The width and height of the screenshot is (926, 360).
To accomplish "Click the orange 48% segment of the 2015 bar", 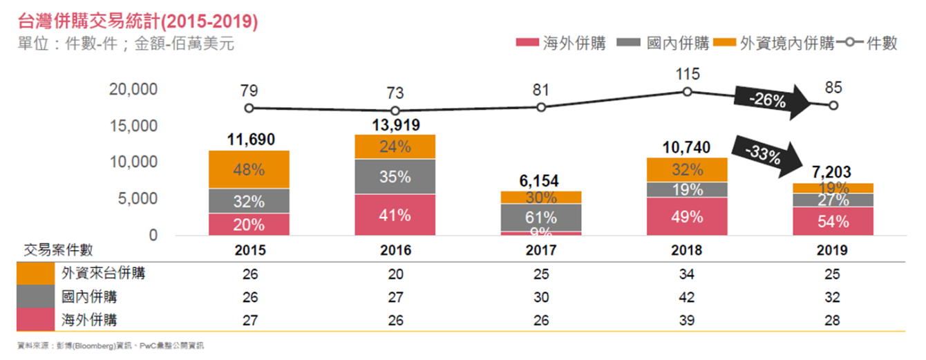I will pos(249,169).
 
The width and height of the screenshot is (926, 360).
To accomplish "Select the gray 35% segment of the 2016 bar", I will pos(395,176).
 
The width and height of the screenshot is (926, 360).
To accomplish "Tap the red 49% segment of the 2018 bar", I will pos(688,216).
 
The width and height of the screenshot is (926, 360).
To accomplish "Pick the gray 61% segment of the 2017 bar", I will pos(541,217).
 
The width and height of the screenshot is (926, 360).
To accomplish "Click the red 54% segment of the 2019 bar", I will pos(834,221).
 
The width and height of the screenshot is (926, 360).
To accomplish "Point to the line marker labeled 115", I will pos(688,92).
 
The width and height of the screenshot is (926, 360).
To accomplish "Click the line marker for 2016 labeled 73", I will pos(395,111).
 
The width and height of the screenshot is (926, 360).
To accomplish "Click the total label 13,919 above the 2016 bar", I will pos(395,125).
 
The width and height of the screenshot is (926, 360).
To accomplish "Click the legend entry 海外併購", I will pos(561,44).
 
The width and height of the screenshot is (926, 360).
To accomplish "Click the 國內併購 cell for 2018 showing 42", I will pos(688,297).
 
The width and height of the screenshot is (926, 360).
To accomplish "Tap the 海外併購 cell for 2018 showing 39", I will pos(688,320).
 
